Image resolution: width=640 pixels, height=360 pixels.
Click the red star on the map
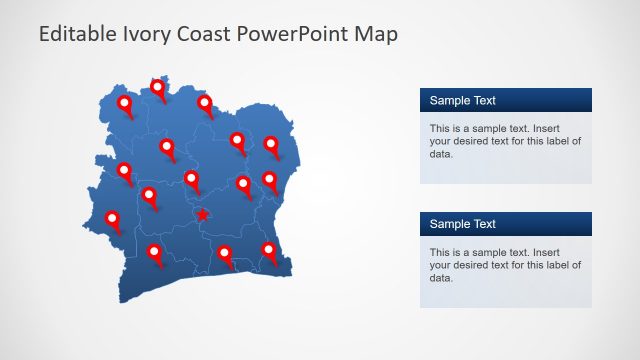(x=203, y=215)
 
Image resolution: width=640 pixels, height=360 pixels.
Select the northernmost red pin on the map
(x=158, y=88)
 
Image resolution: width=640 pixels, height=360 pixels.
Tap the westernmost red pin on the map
(x=113, y=219)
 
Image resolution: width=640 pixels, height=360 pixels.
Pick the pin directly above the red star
(x=192, y=180)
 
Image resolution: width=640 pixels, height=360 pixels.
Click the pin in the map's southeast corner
(x=269, y=250)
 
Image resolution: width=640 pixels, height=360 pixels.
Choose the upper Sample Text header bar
(x=505, y=100)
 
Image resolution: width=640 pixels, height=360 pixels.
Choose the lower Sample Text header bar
(x=505, y=224)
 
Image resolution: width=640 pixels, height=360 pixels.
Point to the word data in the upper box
(x=441, y=154)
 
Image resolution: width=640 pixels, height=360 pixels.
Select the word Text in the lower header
(x=483, y=224)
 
